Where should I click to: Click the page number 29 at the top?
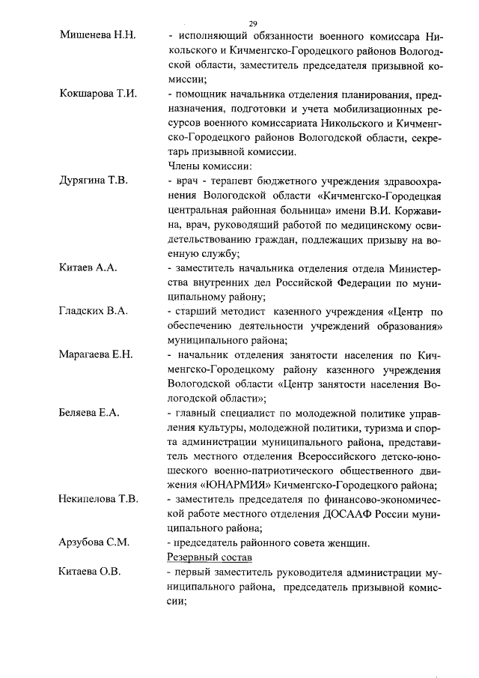pos(253,22)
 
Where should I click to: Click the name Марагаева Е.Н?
pos(96,354)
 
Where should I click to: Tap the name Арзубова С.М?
pos(93,542)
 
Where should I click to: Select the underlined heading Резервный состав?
pos(210,557)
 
